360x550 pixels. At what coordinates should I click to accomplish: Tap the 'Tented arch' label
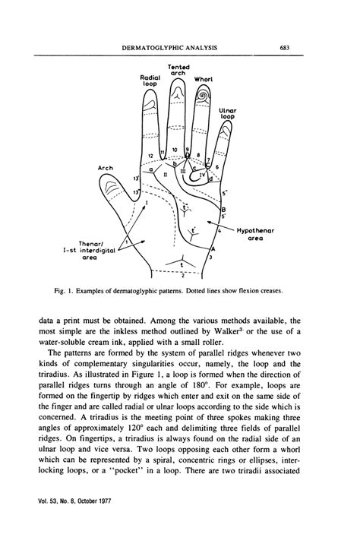177,69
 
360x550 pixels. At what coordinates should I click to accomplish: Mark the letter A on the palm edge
213,248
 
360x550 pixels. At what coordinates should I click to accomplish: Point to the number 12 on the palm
153,155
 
